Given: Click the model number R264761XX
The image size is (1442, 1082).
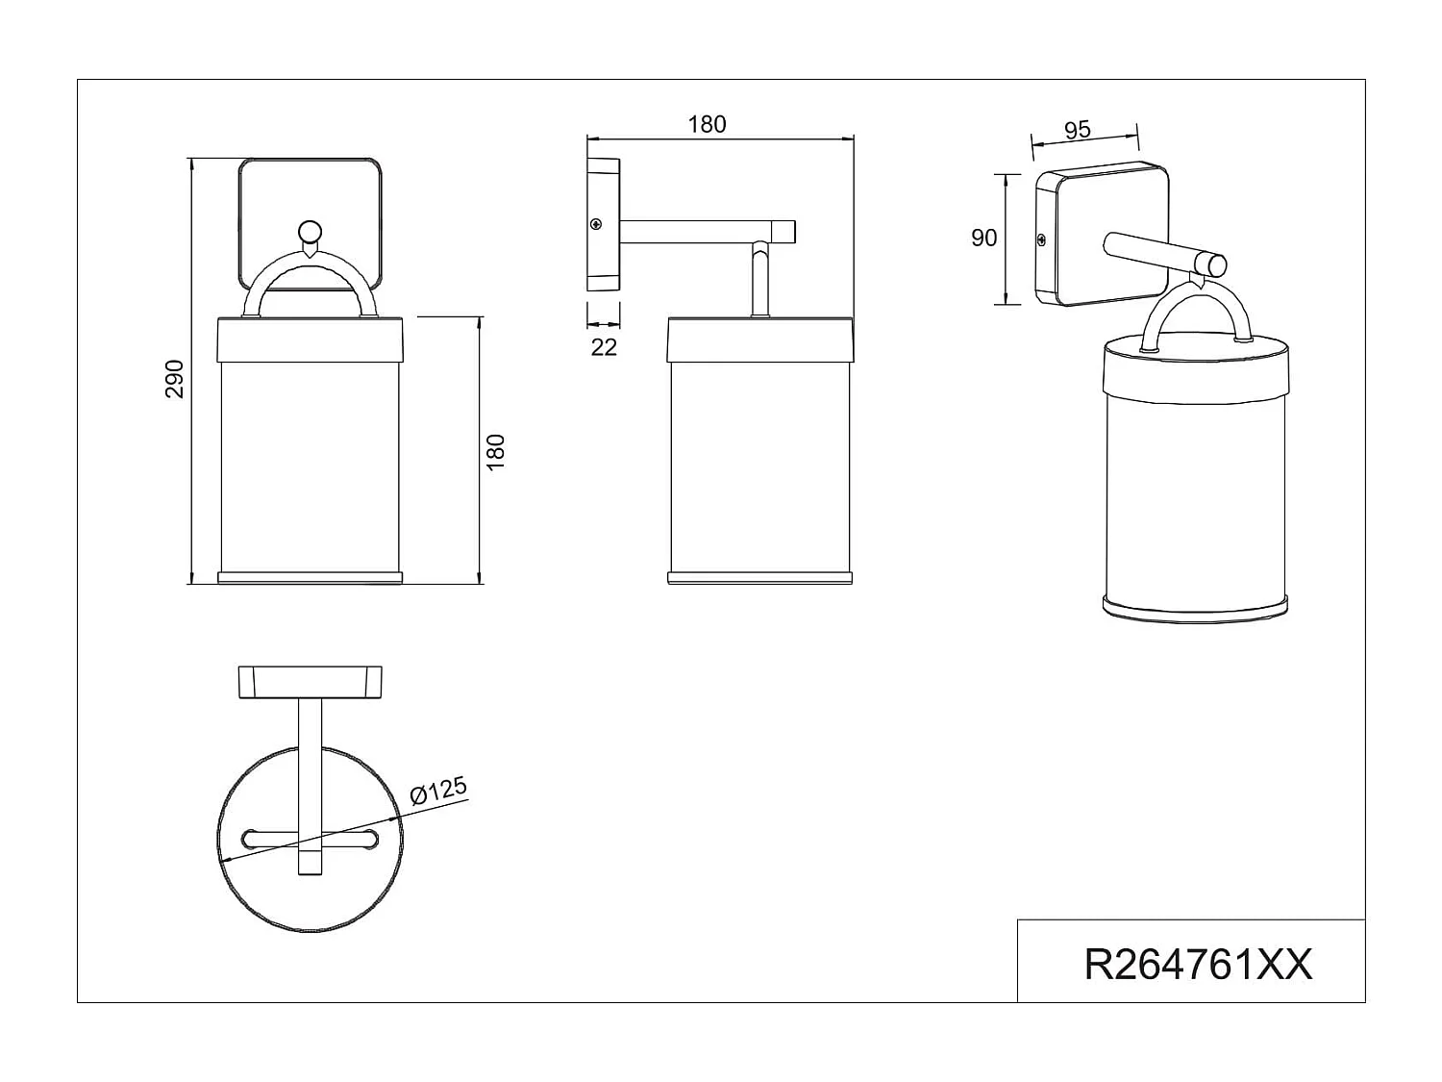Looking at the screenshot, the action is coord(1197,965).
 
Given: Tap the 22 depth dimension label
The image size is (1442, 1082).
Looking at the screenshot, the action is coord(604,347).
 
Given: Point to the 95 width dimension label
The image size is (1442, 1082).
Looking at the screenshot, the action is coord(1078,130).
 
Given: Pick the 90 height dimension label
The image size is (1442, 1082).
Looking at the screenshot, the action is coord(983,238).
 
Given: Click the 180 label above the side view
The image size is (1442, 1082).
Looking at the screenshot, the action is coord(707,124).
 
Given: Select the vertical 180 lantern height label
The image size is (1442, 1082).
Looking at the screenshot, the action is coord(496,452).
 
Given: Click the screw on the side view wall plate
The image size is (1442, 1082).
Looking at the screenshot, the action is coord(596,225).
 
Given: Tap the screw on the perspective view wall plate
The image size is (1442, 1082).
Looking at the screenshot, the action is coord(1041,239).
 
